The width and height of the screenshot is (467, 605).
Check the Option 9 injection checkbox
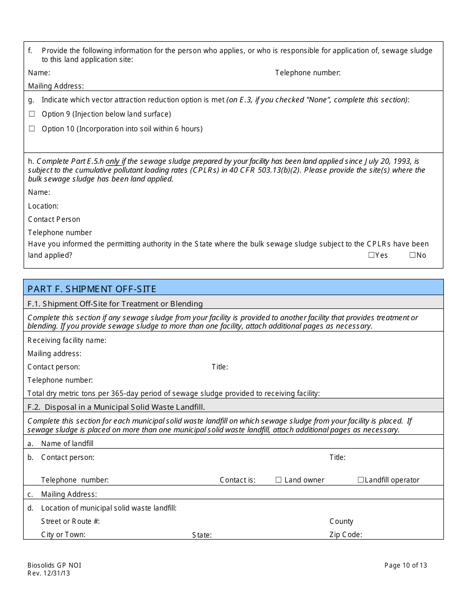(32, 114)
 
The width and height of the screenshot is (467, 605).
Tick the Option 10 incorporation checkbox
(32, 129)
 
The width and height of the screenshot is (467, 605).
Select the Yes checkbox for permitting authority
(371, 255)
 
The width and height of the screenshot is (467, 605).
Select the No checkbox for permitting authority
(412, 255)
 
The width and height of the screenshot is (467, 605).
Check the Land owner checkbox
(278, 480)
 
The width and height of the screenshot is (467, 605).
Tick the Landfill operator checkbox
(360, 480)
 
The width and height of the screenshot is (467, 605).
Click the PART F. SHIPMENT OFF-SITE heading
(92, 288)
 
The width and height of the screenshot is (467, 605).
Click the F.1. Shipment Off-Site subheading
(115, 304)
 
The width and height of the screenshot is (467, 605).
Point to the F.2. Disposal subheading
(116, 407)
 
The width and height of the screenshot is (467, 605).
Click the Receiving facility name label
(67, 340)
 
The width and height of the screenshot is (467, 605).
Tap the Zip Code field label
(346, 535)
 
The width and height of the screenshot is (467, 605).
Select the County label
(341, 521)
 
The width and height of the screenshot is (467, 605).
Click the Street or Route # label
(70, 521)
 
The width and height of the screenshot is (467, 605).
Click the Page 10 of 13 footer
(406, 565)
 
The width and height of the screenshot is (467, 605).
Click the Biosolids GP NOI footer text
(54, 565)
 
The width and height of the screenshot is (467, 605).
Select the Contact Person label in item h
(54, 219)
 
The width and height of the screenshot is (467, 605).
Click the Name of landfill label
(67, 444)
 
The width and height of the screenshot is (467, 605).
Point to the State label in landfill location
(202, 535)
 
